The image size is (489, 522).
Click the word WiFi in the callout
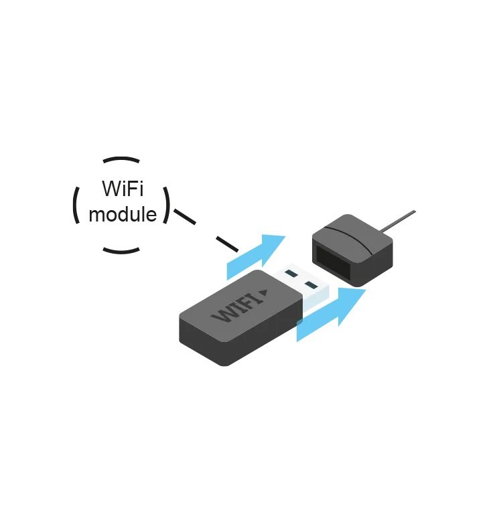123,189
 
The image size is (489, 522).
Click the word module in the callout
123,214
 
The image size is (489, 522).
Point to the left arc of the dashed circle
74,205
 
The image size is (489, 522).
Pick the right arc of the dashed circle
167,205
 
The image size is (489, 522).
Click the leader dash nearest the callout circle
185,217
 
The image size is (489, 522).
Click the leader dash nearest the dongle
227,244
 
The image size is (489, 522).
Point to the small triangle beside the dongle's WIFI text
263,292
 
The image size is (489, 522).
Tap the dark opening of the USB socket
334,262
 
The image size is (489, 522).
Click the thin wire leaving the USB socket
399,220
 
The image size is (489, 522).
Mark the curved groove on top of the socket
349,238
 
